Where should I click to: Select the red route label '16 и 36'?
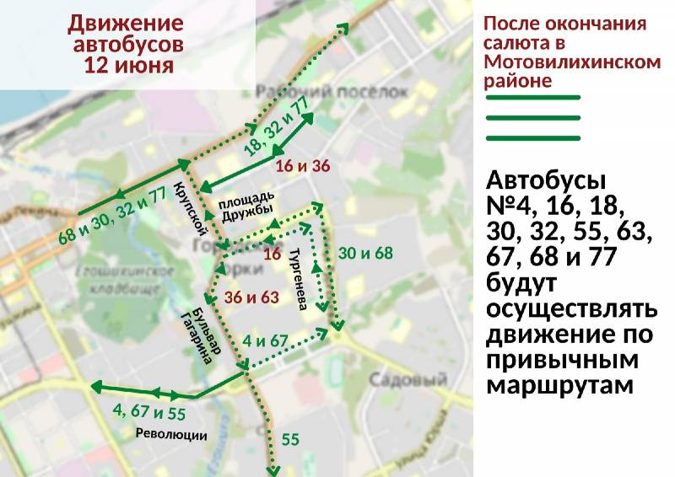(302, 165)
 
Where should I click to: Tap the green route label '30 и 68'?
(365, 253)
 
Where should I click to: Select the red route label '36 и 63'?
(251, 297)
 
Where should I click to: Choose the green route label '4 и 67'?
(266, 341)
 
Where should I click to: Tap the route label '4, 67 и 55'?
(149, 413)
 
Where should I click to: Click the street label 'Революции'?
(171, 435)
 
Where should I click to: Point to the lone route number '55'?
(290, 439)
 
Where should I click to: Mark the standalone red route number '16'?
(272, 254)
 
